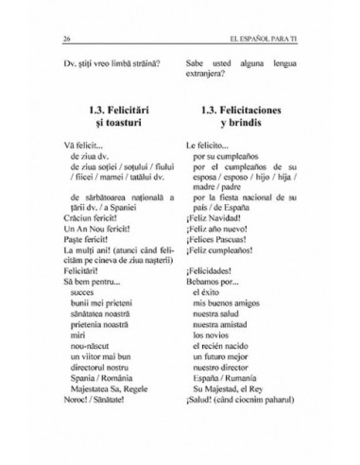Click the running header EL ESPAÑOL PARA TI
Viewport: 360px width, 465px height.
[267, 40]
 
